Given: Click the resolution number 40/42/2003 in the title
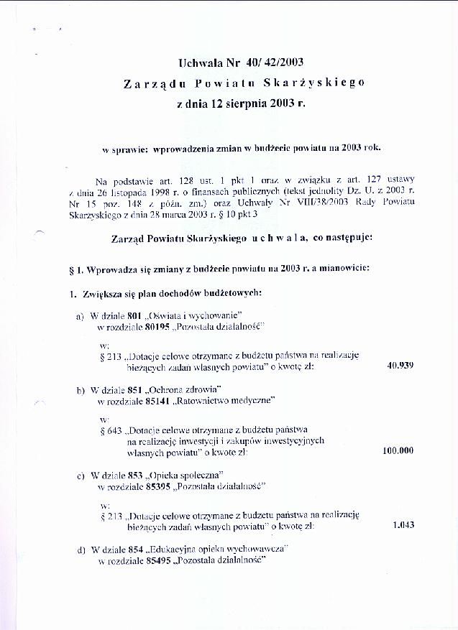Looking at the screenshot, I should click(267, 63).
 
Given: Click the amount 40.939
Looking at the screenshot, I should click(400, 365).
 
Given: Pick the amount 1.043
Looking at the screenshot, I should click(403, 524).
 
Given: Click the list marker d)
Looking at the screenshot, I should click(81, 550).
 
